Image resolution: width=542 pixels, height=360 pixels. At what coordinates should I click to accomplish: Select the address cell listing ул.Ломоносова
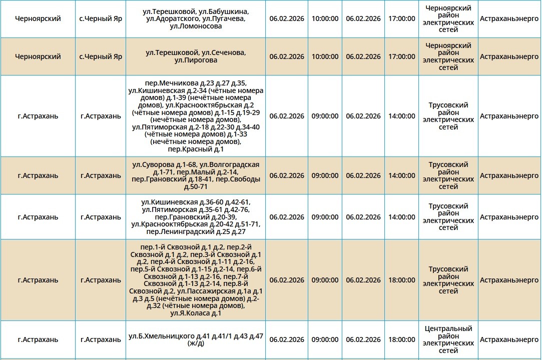(196, 18)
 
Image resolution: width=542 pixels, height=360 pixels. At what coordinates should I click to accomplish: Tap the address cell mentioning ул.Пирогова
(196, 56)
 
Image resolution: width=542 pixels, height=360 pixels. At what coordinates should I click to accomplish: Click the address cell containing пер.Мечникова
(196, 116)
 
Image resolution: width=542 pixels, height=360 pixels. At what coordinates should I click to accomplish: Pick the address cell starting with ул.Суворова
(196, 175)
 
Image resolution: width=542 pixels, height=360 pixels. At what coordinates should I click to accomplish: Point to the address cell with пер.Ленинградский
(196, 217)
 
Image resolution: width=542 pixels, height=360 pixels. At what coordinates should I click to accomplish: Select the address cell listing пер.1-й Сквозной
(196, 280)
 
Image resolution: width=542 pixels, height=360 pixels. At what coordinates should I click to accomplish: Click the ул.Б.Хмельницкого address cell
(196, 339)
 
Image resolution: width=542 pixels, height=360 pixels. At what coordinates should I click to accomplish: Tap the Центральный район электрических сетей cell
(448, 339)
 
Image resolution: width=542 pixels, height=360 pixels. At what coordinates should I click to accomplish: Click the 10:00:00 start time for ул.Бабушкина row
(325, 18)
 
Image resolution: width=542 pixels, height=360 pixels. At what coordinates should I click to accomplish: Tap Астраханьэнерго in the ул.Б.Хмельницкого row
(509, 339)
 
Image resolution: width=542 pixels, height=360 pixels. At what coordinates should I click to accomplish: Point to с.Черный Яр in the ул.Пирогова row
(101, 56)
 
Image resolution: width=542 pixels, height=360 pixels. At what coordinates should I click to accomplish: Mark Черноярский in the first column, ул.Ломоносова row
(38, 18)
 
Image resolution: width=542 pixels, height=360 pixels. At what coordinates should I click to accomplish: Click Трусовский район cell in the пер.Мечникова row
(448, 116)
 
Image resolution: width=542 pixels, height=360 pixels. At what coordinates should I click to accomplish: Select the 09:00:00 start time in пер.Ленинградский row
(325, 217)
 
